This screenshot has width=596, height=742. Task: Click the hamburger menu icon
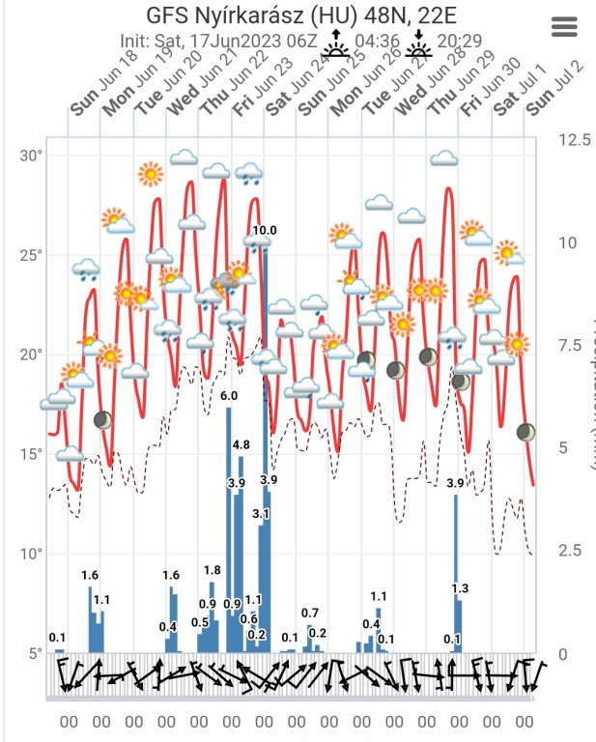[564, 27]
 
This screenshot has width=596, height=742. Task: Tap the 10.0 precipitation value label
[265, 230]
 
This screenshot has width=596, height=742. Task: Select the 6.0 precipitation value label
[229, 396]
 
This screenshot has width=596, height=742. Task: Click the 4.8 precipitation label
[241, 444]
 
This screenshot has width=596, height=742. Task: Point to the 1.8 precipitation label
[213, 570]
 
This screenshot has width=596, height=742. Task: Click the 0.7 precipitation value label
[310, 613]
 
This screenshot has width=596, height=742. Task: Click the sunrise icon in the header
[337, 43]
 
